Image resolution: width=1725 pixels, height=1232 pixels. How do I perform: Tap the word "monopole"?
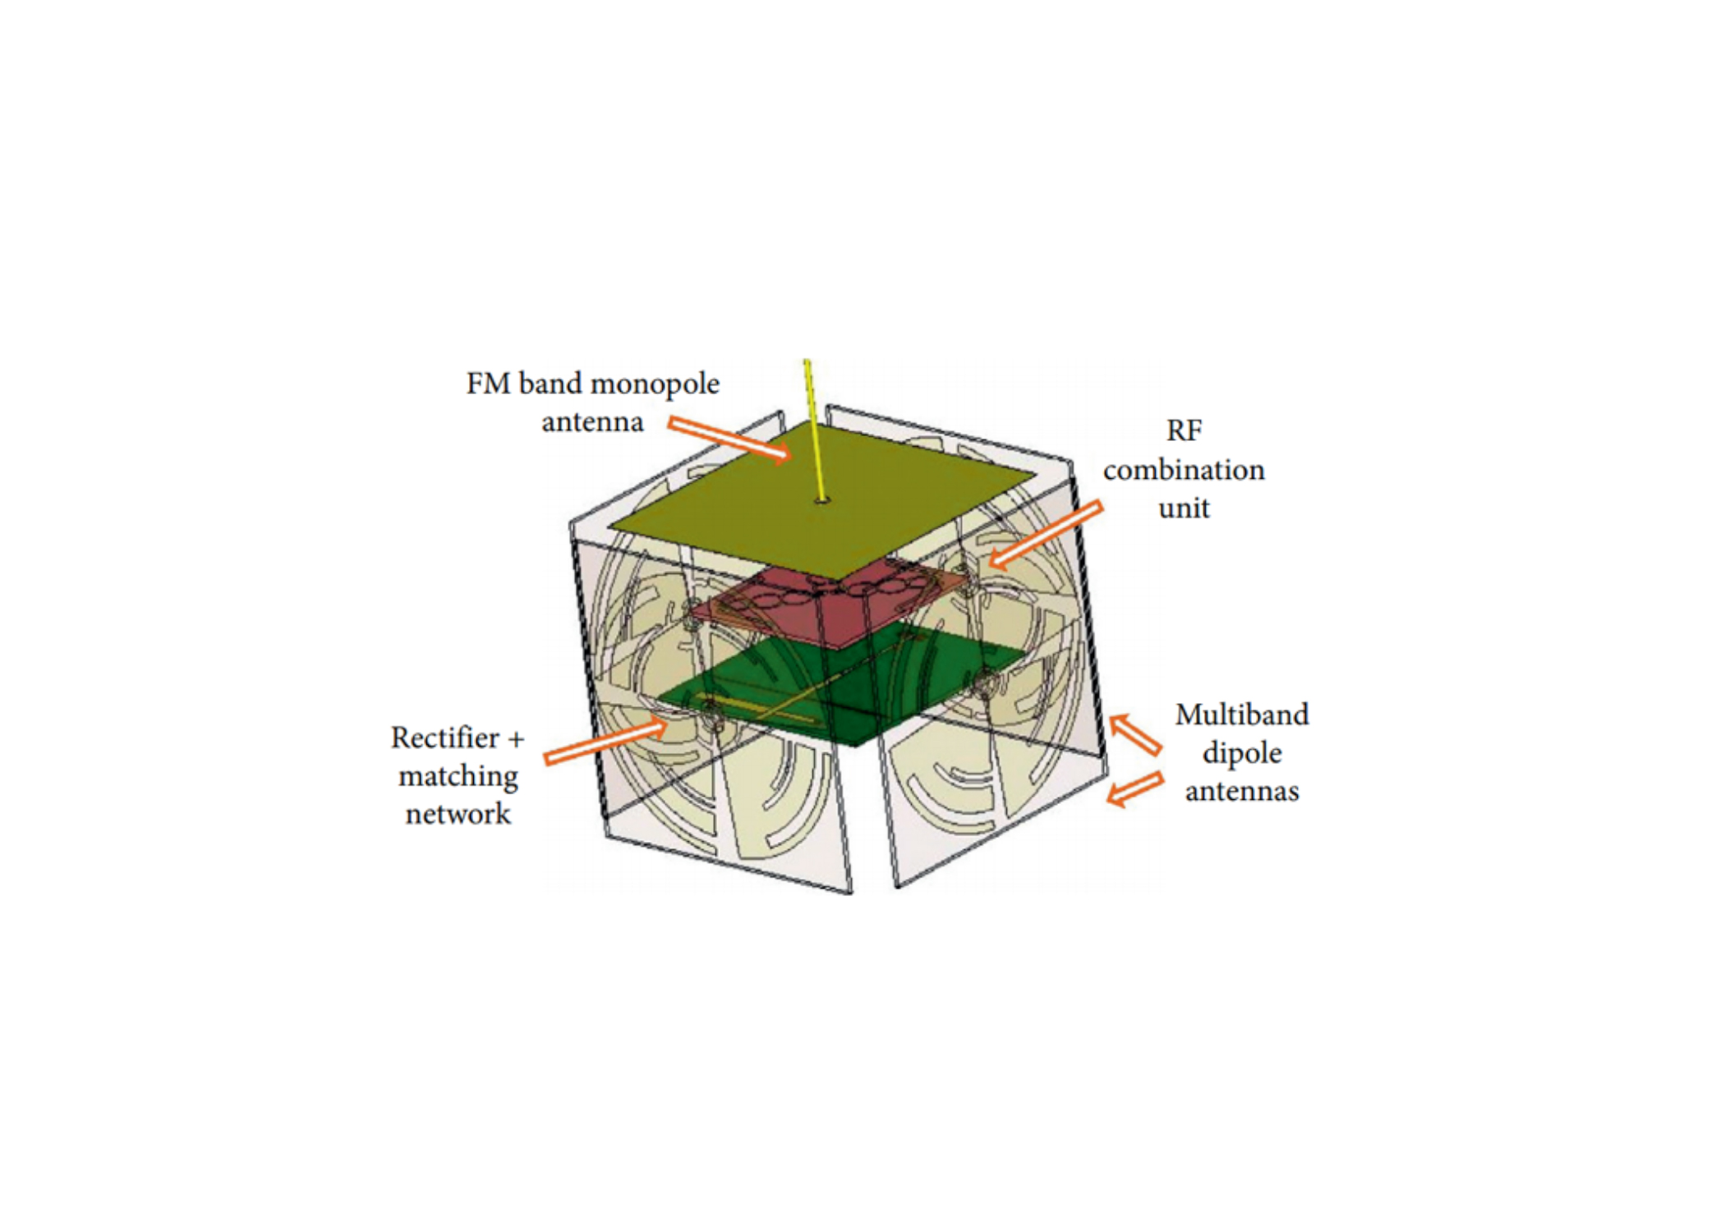pyautogui.click(x=655, y=384)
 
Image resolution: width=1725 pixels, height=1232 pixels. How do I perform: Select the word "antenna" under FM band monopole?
pyautogui.click(x=592, y=422)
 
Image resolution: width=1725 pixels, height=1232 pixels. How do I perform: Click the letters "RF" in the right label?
pyautogui.click(x=1184, y=430)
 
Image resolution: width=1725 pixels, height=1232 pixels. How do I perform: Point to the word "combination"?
pyautogui.click(x=1184, y=470)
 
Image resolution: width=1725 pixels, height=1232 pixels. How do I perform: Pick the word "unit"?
pyautogui.click(x=1184, y=508)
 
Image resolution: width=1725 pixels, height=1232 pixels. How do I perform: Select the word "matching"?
pyautogui.click(x=458, y=777)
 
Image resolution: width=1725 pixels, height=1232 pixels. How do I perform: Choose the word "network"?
pyautogui.click(x=458, y=814)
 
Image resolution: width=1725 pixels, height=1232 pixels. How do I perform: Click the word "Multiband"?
pyautogui.click(x=1242, y=715)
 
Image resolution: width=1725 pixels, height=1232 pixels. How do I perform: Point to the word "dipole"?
pyautogui.click(x=1242, y=754)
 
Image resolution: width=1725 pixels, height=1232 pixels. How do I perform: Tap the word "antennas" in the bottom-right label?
pyautogui.click(x=1242, y=791)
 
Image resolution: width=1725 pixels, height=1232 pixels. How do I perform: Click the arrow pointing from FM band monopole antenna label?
pyautogui.click(x=729, y=440)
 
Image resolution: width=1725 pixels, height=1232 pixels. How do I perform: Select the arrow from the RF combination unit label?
pyautogui.click(x=1045, y=534)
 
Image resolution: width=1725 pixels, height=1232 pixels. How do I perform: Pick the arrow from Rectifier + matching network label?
pyautogui.click(x=605, y=740)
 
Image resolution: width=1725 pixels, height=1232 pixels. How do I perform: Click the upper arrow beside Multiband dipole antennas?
pyautogui.click(x=1134, y=735)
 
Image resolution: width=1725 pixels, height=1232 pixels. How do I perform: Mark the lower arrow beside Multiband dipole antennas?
pyautogui.click(x=1134, y=788)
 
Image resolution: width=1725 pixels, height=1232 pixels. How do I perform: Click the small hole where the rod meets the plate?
pyautogui.click(x=822, y=499)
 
